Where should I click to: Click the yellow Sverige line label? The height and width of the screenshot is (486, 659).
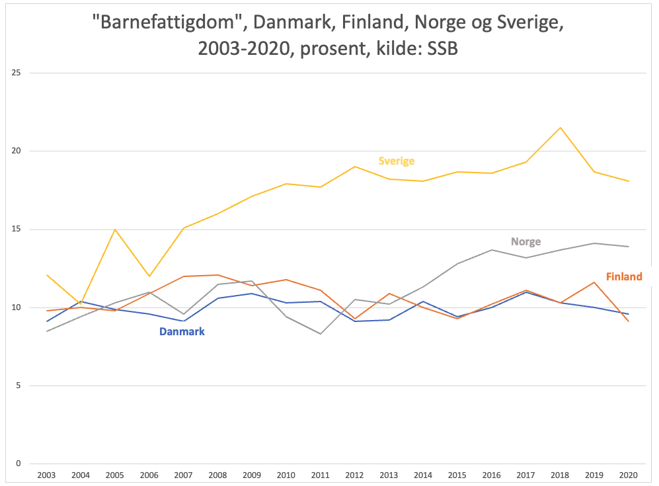tap(396, 161)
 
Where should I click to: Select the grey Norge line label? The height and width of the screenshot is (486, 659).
tap(525, 242)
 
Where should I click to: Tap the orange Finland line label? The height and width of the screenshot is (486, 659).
tap(624, 277)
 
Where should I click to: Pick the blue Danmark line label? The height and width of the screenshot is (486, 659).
tap(182, 332)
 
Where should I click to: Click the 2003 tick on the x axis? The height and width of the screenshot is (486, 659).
tap(47, 475)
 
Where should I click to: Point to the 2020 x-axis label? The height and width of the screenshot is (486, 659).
tap(629, 475)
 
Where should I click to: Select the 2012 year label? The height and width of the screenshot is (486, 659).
tap(355, 475)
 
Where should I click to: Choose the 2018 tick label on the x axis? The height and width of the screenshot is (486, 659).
tap(561, 475)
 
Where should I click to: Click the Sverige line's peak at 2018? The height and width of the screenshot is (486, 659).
tap(561, 128)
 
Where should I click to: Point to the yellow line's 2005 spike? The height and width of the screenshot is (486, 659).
tap(116, 229)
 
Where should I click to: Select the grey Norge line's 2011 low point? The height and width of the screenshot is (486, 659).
tap(321, 334)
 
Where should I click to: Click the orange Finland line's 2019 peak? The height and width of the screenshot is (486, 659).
tap(595, 282)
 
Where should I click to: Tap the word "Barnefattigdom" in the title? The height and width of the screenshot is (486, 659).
tap(170, 24)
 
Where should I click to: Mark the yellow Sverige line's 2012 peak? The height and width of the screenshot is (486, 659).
tap(355, 167)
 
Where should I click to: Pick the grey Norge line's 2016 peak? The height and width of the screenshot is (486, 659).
tap(492, 250)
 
